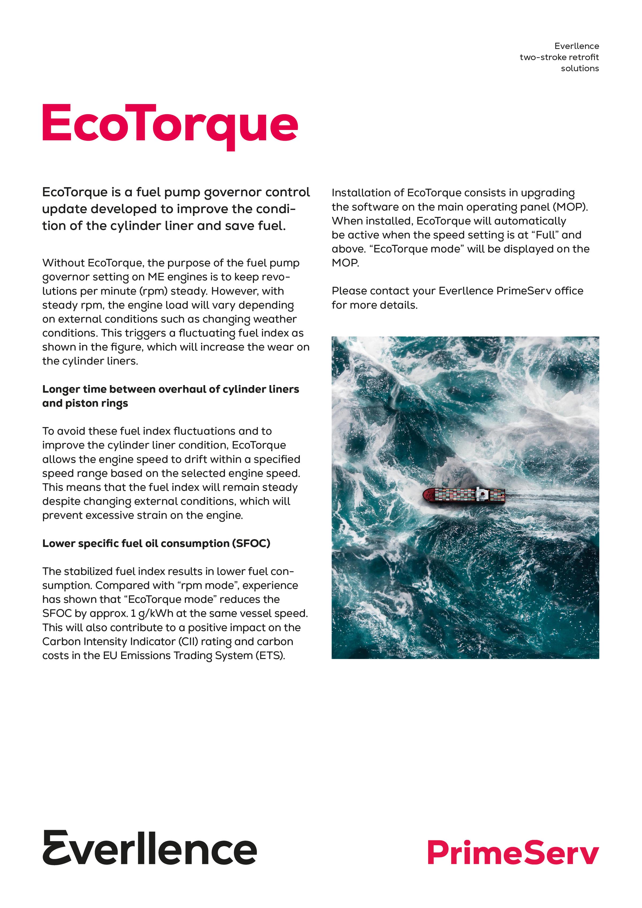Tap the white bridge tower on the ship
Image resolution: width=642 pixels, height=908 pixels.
[482, 493]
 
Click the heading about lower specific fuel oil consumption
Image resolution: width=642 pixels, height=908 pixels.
[156, 543]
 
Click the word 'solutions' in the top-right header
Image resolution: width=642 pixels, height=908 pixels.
[579, 68]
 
